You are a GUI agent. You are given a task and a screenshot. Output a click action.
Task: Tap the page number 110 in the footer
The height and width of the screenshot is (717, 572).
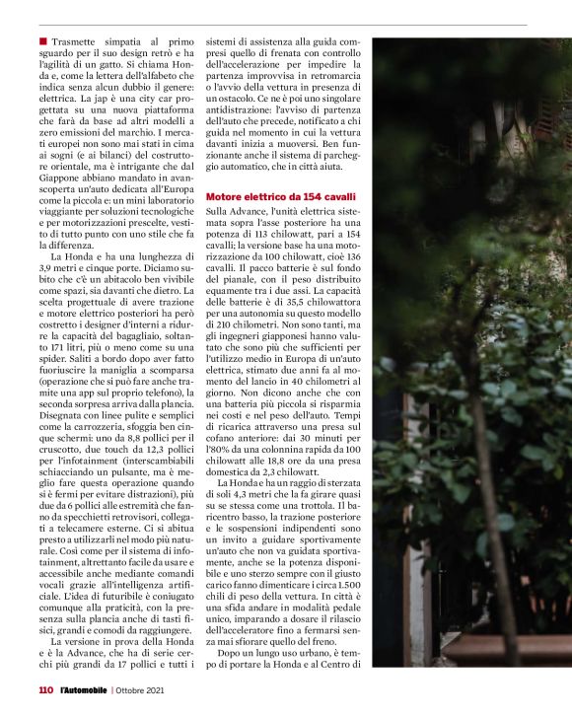[x=45, y=690]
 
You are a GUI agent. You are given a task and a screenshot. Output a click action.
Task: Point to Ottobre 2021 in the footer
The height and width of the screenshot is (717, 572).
[x=147, y=690]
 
